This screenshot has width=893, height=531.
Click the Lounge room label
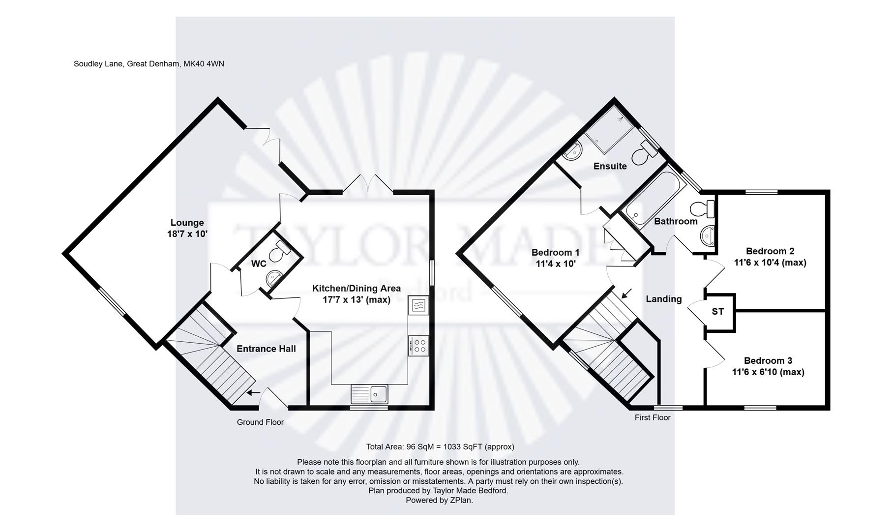click(187, 223)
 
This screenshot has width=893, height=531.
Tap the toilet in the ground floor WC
click(282, 248)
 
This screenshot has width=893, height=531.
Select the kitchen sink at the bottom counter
click(379, 394)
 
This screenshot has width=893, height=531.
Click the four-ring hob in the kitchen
click(418, 346)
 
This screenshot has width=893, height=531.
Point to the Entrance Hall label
click(266, 349)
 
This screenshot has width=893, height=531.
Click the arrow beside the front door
click(253, 392)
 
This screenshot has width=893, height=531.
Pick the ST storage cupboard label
click(717, 312)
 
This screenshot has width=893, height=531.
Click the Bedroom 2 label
click(770, 251)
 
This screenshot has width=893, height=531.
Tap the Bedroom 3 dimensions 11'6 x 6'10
click(768, 372)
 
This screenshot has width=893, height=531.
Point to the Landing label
click(663, 299)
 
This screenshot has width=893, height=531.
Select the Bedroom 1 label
click(555, 253)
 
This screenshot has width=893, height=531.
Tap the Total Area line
click(440, 447)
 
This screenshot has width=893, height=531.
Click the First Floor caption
click(653, 417)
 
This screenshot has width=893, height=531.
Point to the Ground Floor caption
click(260, 422)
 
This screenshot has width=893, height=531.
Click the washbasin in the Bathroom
click(707, 236)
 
